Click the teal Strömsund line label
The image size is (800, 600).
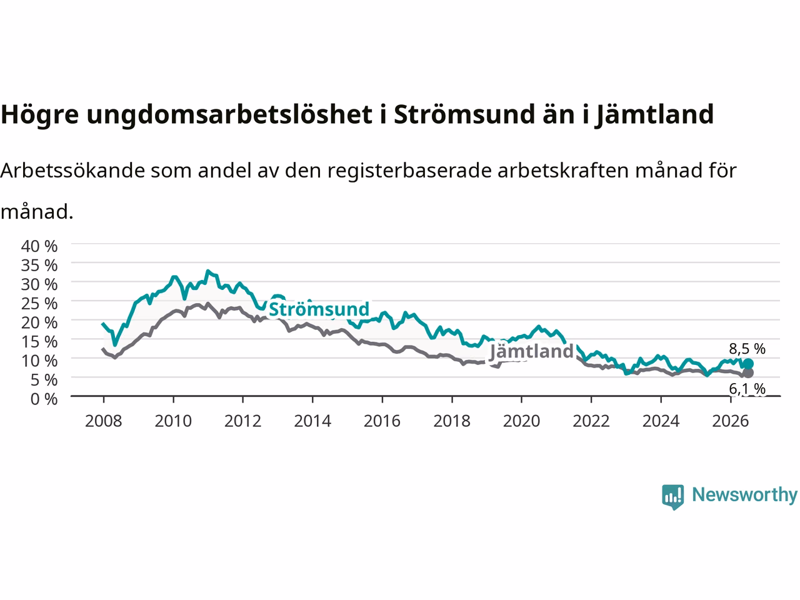coord(319,309)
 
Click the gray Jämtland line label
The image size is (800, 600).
coord(531,352)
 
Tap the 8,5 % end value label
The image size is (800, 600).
coord(747,349)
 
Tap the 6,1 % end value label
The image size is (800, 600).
coord(747,389)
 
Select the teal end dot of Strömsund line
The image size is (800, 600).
coord(748,364)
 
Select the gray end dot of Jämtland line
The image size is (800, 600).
coord(748,372)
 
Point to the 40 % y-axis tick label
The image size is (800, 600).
coord(39,247)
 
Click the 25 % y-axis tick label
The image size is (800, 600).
coord(39,304)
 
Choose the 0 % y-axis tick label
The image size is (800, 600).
coord(44,399)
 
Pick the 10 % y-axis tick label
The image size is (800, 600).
coord(39,361)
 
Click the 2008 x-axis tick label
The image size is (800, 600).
coord(104,421)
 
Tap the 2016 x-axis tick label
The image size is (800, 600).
coord(382,421)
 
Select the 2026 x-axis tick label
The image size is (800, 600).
coord(731,421)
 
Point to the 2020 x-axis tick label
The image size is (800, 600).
coord(521,421)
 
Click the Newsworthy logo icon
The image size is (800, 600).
coord(672,497)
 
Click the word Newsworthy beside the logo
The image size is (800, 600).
coord(744,495)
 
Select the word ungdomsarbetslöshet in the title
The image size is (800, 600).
coord(229,114)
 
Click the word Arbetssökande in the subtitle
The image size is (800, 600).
coord(73,171)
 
